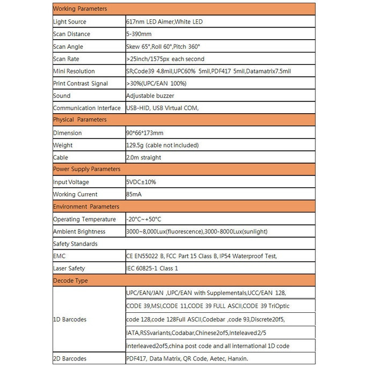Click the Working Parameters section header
click(80, 9)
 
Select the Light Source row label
click(70, 22)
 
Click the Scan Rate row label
click(67, 59)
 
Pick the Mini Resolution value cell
click(209, 71)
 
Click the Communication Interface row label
click(87, 108)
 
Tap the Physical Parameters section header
click(80, 120)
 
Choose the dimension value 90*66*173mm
click(144, 133)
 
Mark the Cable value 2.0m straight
click(143, 158)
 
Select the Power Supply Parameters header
click(86, 170)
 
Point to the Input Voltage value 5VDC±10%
click(141, 182)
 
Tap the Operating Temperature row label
click(84, 219)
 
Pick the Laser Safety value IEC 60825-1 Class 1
click(152, 268)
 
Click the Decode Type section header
click(70, 281)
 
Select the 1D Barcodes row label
click(70, 320)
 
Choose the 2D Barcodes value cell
click(187, 358)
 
